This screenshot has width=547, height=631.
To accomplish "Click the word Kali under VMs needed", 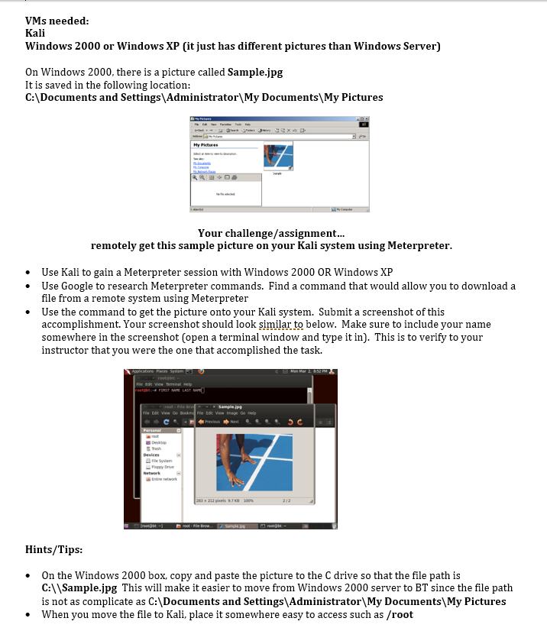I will click(35, 34).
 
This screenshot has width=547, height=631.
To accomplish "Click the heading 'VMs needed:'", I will click(57, 21).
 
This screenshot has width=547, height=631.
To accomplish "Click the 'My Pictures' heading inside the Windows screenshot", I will click(206, 144).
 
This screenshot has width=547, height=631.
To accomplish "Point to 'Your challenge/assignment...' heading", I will click(271, 233).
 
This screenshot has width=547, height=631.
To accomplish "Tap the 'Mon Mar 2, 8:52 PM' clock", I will click(310, 371).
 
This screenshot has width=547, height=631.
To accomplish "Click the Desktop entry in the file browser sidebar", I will click(159, 442).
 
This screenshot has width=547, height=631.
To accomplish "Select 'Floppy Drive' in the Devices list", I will click(163, 466).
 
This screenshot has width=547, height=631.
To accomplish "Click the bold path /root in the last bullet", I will click(400, 614).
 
